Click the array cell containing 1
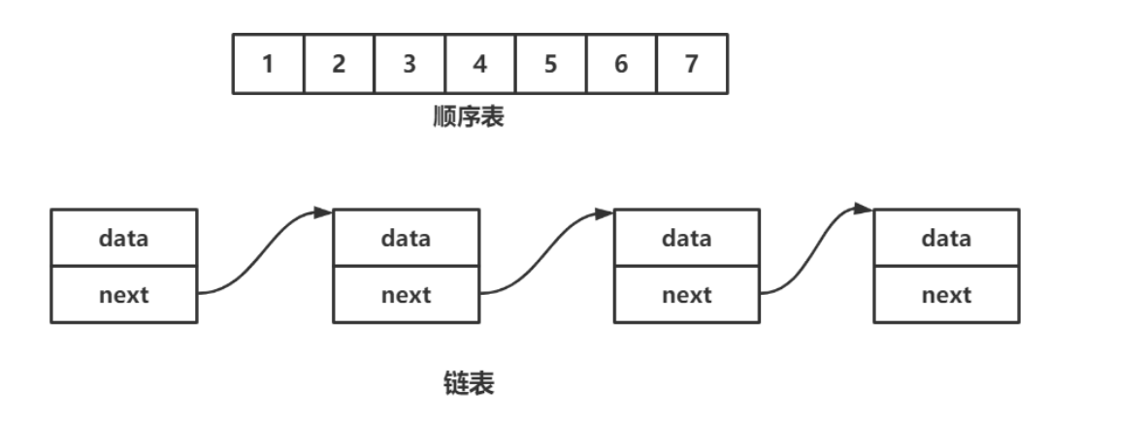pos(269,64)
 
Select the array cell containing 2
pos(339,64)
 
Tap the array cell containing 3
pos(409,64)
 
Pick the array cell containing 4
pos(480,64)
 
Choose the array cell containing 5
pos(550,64)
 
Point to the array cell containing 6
pos(621,64)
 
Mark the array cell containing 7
pos(692,64)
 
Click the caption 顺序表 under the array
pos(469,118)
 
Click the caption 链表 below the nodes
pos(469,384)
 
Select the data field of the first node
pos(124,238)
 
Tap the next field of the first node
pos(124,294)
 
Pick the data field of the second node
pos(407,238)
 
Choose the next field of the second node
pos(407,294)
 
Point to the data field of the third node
pos(687,238)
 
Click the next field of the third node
pos(687,294)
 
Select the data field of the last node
pos(946,238)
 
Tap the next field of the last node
pos(946,294)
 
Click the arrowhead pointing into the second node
pos(324,211)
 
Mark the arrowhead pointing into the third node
pos(606,211)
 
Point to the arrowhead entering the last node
pos(864,209)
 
